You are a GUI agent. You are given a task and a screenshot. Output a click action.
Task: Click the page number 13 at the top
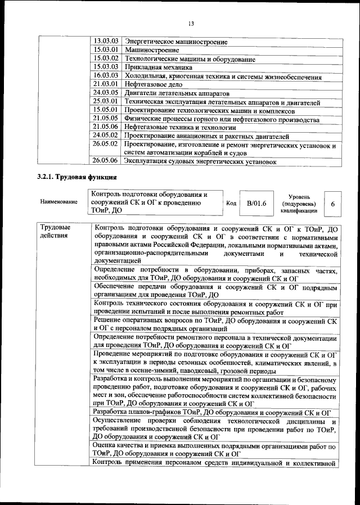(x=191, y=23)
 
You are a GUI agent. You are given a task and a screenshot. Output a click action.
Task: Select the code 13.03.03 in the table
(x=106, y=42)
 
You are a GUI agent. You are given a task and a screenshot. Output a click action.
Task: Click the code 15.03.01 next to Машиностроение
(x=106, y=50)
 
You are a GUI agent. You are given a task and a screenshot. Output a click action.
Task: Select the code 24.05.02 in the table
(x=106, y=136)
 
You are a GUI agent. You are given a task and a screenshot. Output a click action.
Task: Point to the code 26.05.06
(x=106, y=161)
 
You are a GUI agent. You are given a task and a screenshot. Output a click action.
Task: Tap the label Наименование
(x=58, y=202)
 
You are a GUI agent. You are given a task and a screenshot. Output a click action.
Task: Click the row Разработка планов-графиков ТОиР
(x=214, y=413)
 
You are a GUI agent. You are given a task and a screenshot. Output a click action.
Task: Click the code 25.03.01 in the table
(x=106, y=101)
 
